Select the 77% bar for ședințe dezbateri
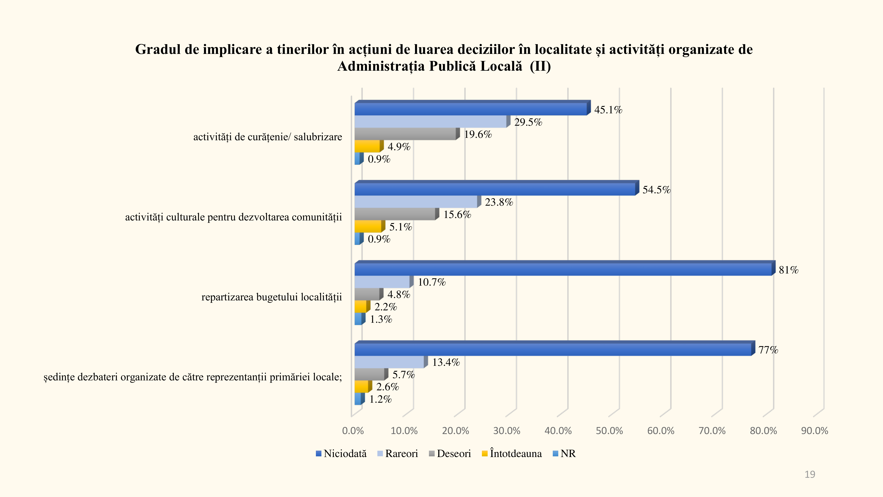click(x=552, y=349)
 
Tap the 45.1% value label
click(x=608, y=110)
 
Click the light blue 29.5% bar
click(x=430, y=122)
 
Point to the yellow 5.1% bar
click(x=368, y=226)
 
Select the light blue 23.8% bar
click(x=415, y=202)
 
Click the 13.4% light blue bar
click(x=389, y=362)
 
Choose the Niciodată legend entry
click(x=341, y=453)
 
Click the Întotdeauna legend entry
click(x=512, y=453)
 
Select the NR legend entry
click(x=564, y=453)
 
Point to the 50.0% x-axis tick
click(x=609, y=431)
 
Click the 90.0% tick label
click(x=814, y=431)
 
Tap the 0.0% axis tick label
click(x=353, y=431)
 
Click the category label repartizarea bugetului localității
click(x=272, y=297)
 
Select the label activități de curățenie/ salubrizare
click(x=267, y=137)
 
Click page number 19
click(x=810, y=474)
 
